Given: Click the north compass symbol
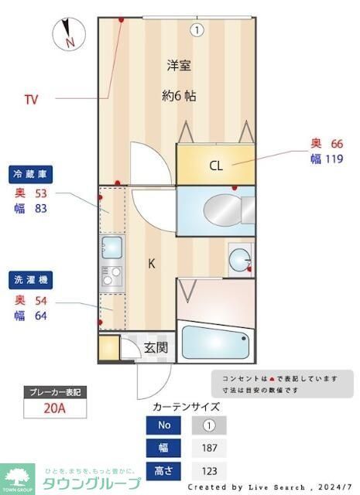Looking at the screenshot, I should coord(67,33).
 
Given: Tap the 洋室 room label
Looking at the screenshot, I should coord(179,66).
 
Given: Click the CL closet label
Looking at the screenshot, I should coord(216,165).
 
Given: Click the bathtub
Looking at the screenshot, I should coord(215,343).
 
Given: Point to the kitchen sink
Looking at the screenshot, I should coord(111,248).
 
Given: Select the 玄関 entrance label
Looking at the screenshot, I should coord(155,347).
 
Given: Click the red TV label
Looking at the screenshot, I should coord(31,99).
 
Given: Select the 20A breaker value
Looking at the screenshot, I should coord(54,408).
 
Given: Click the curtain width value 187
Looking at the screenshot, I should coord(208,447).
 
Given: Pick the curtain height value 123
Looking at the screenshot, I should coord(208,469).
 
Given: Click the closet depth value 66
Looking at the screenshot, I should coord(337,143).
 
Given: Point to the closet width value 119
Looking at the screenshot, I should coord(333,159).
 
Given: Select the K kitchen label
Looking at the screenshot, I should coord(152,264).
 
